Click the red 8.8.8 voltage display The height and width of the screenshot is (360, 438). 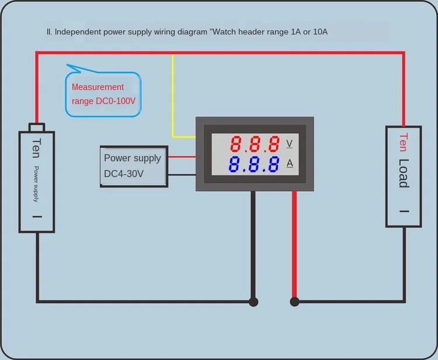click(x=254, y=144)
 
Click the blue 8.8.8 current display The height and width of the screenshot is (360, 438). click(x=254, y=164)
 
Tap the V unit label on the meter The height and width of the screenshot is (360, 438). click(x=289, y=143)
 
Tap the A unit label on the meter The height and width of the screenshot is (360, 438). click(x=289, y=163)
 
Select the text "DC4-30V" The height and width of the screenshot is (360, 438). click(x=124, y=174)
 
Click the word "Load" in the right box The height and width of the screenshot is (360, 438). click(x=403, y=173)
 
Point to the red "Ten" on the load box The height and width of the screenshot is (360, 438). click(x=403, y=143)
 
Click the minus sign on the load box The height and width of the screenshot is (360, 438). click(x=404, y=211)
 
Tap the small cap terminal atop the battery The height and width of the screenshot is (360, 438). click(x=37, y=127)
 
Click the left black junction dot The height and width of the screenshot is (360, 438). click(x=253, y=302)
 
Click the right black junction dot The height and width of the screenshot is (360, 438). click(x=294, y=302)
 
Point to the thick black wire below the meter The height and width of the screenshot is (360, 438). click(x=253, y=245)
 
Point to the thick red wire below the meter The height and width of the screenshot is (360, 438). click(x=294, y=245)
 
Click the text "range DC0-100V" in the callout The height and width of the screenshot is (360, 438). click(x=103, y=101)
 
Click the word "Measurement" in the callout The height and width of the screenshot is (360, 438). click(x=98, y=87)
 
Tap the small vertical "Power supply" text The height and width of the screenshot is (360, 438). click(x=36, y=184)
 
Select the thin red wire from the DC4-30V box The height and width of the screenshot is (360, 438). click(x=182, y=157)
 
